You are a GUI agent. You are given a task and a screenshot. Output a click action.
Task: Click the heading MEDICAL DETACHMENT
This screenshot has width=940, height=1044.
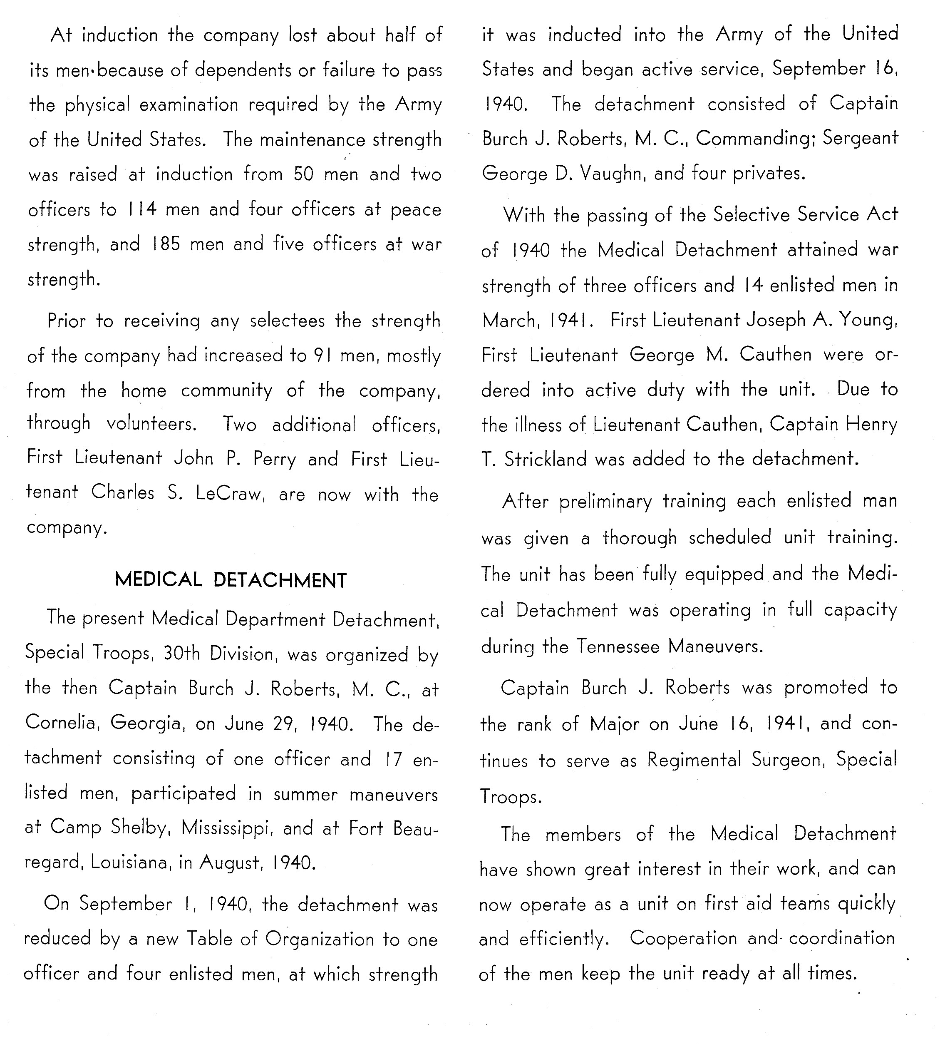231,580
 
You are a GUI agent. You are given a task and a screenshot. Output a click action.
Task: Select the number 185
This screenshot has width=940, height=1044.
166,244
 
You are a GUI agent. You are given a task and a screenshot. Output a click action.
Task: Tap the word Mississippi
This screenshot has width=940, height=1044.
226,828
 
